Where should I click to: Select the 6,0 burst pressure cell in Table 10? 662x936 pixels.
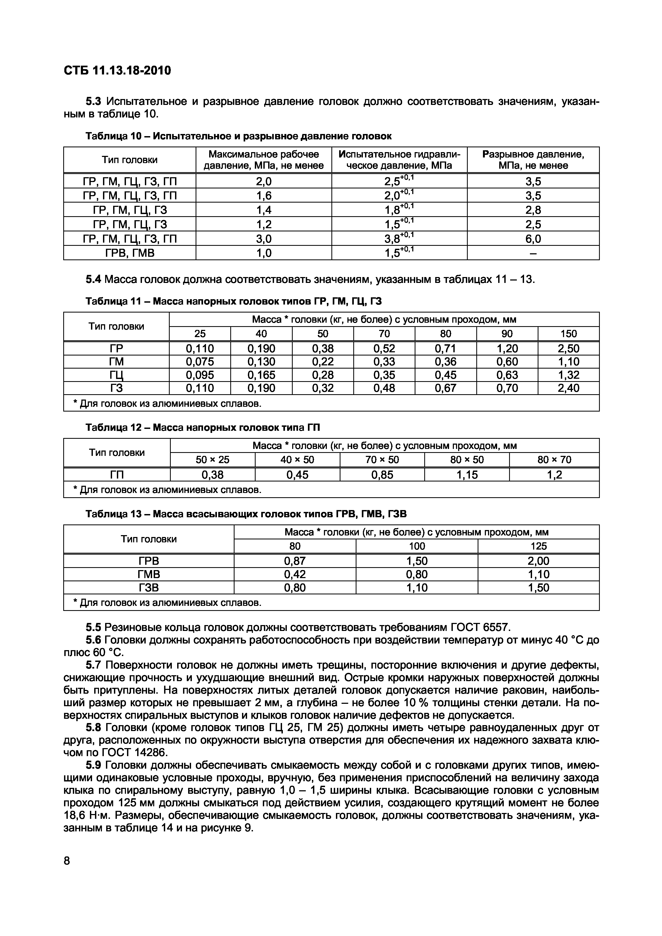[533, 239]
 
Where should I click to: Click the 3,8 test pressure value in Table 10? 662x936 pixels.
[395, 239]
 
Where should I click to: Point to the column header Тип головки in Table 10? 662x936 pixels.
[130, 160]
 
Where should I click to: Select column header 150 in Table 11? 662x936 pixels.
[568, 334]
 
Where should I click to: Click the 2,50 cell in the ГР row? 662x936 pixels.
[568, 349]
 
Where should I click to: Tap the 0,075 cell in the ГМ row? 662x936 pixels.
[200, 362]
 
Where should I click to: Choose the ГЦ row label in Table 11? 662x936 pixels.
[117, 375]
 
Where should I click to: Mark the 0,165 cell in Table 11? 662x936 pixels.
[261, 375]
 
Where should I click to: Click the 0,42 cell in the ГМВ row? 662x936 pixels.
[295, 574]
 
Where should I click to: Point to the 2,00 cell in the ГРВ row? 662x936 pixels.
[538, 561]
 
